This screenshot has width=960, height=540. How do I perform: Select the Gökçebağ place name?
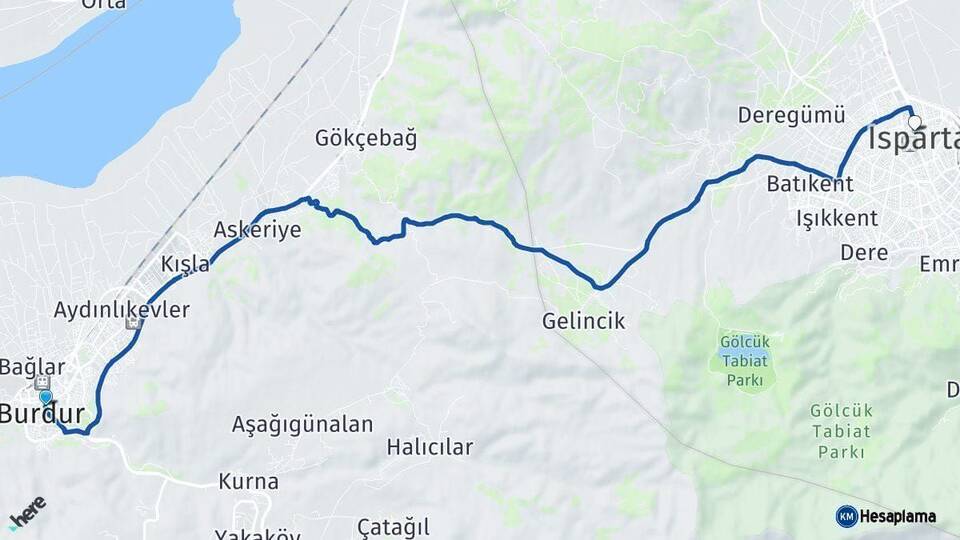pos(366,138)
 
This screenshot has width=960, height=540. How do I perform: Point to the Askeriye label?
pos(257,230)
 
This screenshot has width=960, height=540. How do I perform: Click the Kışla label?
pos(186,264)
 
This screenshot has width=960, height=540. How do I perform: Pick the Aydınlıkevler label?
pos(122,309)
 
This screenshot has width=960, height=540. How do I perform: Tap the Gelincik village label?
pos(583,321)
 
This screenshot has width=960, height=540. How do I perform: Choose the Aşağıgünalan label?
pos(302,424)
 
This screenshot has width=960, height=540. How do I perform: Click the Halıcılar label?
pos(430,447)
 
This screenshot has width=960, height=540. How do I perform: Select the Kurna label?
pos(247,481)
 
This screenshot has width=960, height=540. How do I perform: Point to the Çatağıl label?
pos(393,526)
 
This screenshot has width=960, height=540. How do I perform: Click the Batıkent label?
pos(810,184)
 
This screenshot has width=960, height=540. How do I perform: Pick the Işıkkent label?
pos(837,218)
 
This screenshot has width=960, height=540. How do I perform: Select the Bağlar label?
pos(32,367)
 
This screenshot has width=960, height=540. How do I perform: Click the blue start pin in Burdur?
pos(45,398)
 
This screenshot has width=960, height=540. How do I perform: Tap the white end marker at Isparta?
pos(914,122)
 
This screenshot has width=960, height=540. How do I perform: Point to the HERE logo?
pos(27,510)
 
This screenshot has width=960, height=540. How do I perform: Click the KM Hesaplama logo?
pos(886,516)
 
